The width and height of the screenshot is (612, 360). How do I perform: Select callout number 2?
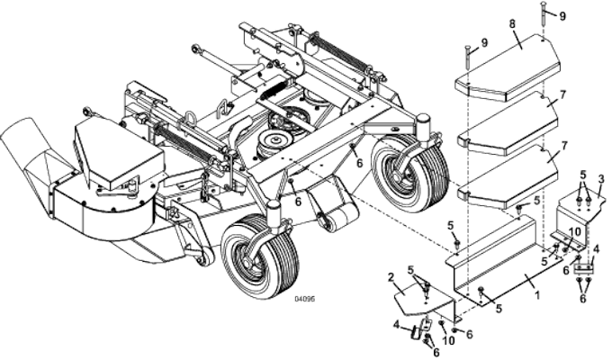tap(391, 276)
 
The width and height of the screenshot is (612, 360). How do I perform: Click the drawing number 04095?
tap(307, 301)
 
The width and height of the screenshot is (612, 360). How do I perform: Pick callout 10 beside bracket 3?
tap(576, 231)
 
